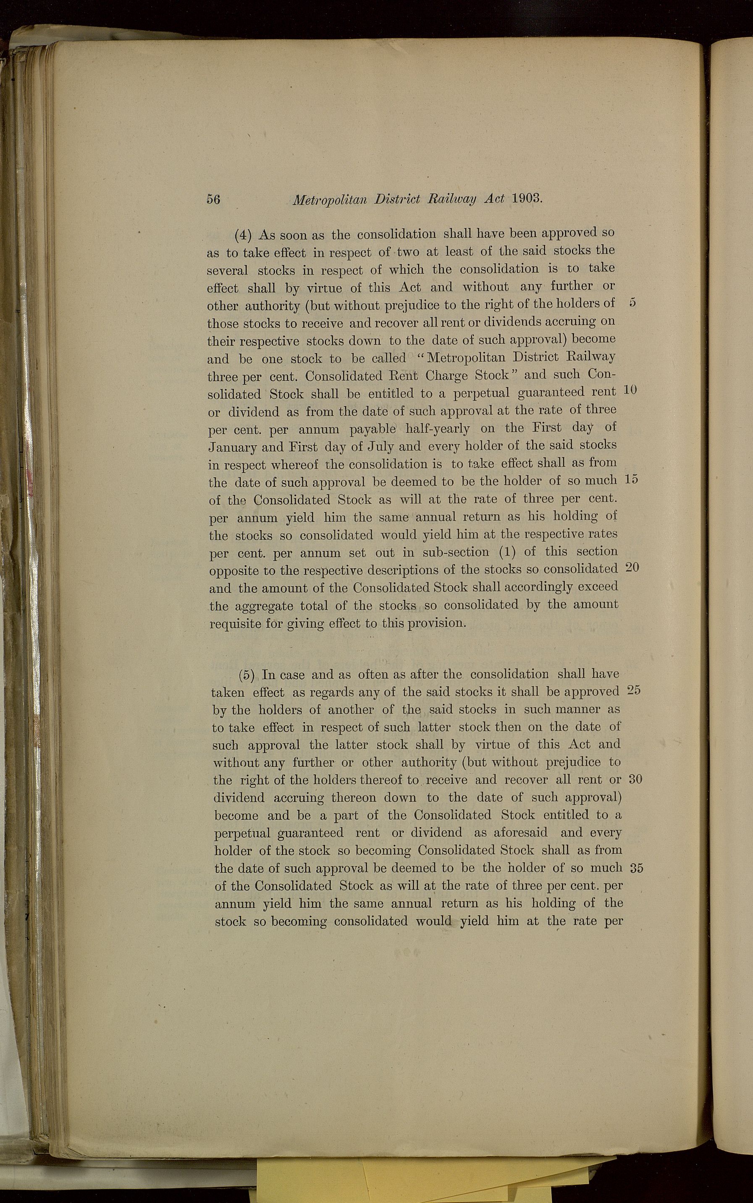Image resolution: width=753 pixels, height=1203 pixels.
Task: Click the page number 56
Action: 213,199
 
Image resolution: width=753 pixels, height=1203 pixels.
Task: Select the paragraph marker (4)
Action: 244,234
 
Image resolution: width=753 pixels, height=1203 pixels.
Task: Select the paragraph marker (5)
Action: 247,675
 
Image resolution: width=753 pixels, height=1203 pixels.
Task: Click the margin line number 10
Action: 630,391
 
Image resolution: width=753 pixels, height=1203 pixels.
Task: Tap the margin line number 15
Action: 631,479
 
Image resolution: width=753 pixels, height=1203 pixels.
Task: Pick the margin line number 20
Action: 632,567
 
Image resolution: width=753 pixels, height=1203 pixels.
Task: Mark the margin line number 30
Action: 635,779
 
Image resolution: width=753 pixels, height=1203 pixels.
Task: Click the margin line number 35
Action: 637,868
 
